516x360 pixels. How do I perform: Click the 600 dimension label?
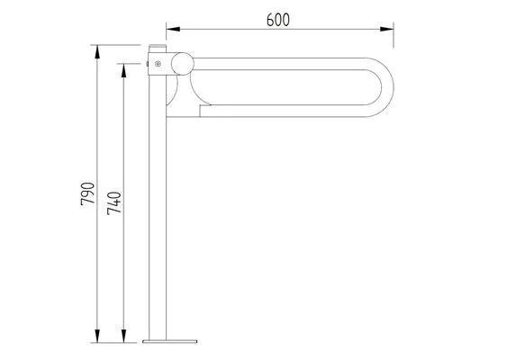(x=278, y=20)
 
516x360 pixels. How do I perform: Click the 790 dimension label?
(x=87, y=194)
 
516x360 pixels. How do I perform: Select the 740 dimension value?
(x=114, y=203)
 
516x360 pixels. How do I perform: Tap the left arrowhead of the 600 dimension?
(x=174, y=29)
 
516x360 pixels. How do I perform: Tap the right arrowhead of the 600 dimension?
(x=386, y=29)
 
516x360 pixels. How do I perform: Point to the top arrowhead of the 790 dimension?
(x=97, y=52)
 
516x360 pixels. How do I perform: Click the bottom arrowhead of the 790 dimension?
(x=97, y=336)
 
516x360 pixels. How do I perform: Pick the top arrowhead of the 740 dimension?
(x=123, y=70)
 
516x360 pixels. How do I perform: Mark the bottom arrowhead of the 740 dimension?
(x=123, y=336)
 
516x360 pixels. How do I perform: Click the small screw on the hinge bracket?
(x=158, y=64)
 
